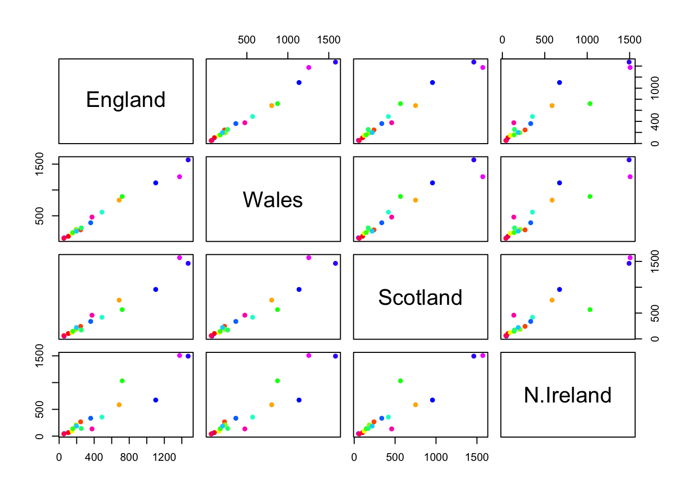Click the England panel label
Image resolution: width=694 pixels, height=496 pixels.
click(x=125, y=100)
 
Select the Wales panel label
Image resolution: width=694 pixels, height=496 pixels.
click(x=273, y=200)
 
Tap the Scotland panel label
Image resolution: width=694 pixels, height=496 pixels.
click(x=420, y=298)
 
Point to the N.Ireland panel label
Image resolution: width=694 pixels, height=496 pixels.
click(x=567, y=395)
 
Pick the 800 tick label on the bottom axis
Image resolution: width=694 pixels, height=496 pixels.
click(x=129, y=457)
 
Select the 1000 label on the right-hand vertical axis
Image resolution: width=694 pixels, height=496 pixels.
click(x=655, y=88)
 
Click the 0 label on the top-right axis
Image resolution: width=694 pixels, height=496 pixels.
click(x=502, y=40)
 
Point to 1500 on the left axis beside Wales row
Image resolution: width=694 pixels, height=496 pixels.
click(x=39, y=164)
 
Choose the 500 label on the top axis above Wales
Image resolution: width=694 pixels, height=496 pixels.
click(x=247, y=40)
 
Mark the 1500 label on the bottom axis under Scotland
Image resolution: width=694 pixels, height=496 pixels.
click(x=477, y=457)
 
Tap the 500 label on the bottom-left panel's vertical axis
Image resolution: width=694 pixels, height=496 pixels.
click(x=39, y=410)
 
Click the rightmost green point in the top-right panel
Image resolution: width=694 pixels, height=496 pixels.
click(x=590, y=104)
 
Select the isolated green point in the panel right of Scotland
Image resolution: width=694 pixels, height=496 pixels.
click(x=590, y=310)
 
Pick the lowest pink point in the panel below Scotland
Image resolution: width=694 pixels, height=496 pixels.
click(x=391, y=429)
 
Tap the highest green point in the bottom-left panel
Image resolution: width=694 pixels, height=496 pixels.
click(x=122, y=381)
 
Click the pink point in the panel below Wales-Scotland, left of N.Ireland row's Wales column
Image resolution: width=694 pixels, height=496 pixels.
click(x=245, y=429)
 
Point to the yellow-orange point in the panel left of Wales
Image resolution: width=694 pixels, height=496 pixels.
click(x=119, y=200)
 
